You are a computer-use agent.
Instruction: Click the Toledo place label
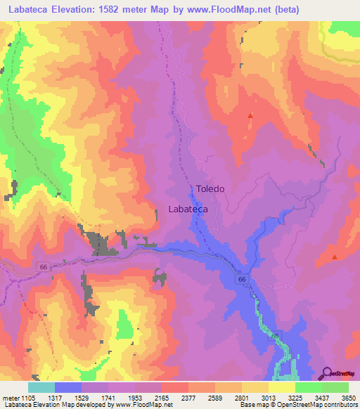pyautogui.click(x=210, y=189)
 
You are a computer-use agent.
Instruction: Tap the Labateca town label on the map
pyautogui.click(x=188, y=209)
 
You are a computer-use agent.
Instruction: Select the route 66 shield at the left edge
pyautogui.click(x=43, y=266)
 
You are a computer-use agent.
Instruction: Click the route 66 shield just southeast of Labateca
pyautogui.click(x=242, y=279)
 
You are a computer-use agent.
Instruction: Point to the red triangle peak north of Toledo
pyautogui.click(x=250, y=115)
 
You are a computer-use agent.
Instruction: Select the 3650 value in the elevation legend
pyautogui.click(x=349, y=397)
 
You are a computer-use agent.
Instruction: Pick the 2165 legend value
pyautogui.click(x=162, y=397)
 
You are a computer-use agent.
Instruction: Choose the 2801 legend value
pyautogui.click(x=242, y=397)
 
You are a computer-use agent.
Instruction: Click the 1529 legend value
pyautogui.click(x=82, y=397)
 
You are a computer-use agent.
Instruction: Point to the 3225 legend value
pyautogui.click(x=295, y=397)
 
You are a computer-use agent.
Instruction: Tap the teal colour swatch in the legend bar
pyautogui.click(x=41, y=387)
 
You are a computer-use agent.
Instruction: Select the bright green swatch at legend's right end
pyautogui.click(x=335, y=387)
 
